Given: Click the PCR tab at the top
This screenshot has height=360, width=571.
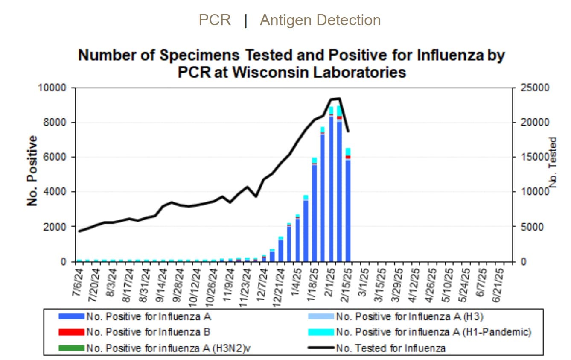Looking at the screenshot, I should tap(215, 20).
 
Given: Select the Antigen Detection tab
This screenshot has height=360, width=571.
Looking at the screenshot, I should tap(320, 20).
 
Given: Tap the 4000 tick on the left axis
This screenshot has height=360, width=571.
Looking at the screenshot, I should tap(55, 192).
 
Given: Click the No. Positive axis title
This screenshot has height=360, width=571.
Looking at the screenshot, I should tap(32, 171).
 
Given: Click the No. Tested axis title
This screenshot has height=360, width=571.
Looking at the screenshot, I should tap(554, 162).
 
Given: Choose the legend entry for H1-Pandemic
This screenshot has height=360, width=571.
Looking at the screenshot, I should tap(433, 332).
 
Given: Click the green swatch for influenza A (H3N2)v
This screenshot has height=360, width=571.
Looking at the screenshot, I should tap(72, 348).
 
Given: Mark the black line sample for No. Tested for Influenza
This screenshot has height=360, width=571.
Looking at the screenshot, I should tap(320, 348).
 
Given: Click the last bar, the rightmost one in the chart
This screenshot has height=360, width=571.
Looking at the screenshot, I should tap(348, 209).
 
